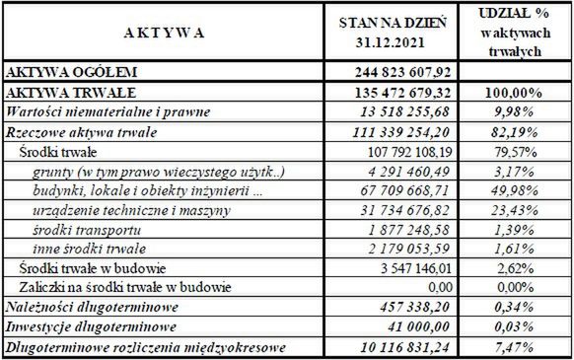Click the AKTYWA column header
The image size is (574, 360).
[x=166, y=33]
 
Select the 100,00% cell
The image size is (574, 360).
[x=513, y=92]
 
